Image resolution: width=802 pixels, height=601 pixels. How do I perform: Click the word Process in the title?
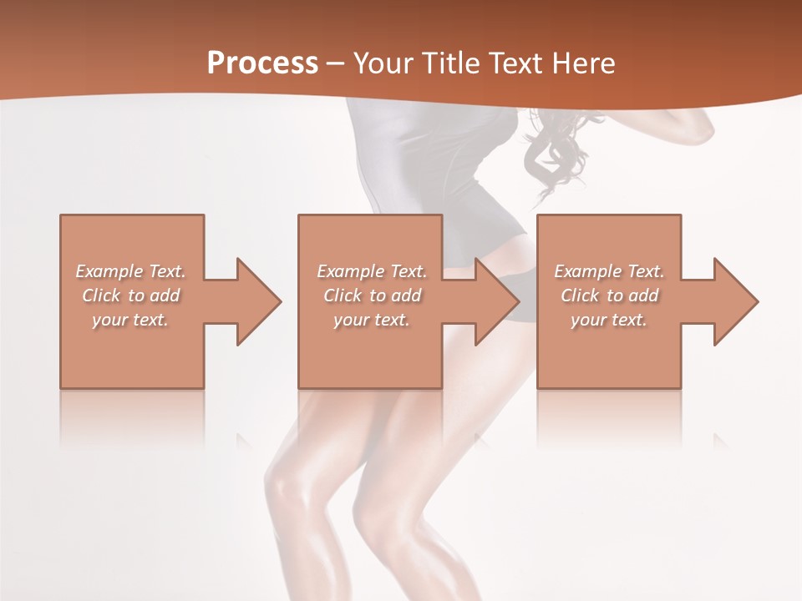[x=262, y=63]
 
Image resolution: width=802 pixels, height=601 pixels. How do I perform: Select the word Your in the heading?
[x=383, y=63]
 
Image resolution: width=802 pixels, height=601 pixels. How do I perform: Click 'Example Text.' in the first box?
[x=130, y=271]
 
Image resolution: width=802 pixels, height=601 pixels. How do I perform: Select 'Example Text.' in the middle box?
[x=371, y=271]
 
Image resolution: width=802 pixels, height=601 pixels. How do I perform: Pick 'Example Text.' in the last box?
[x=609, y=271]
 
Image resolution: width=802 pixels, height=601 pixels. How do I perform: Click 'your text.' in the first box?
[x=130, y=320]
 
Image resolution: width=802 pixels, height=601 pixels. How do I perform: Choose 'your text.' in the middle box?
[x=371, y=320]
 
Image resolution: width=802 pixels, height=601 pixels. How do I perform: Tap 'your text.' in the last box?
[x=609, y=320]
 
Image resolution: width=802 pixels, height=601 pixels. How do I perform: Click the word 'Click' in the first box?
[x=101, y=295]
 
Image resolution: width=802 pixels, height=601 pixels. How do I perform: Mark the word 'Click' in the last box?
[x=580, y=295]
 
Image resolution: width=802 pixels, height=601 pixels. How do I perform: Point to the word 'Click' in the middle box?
[x=343, y=295]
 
